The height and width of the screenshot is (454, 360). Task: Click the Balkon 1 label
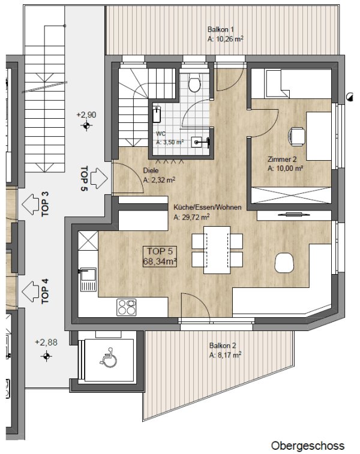(x=221, y=29)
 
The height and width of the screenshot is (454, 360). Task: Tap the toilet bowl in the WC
(x=194, y=82)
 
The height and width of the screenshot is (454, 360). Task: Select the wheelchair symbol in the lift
(x=109, y=357)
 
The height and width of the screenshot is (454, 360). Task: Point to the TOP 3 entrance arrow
(x=31, y=205)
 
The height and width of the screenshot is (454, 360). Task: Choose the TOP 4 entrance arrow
(x=31, y=292)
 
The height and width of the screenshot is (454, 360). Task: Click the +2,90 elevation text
(x=86, y=115)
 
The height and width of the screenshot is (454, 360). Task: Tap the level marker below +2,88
(x=46, y=356)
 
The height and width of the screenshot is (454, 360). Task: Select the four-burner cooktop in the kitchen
(x=126, y=307)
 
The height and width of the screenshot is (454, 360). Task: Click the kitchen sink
(x=88, y=279)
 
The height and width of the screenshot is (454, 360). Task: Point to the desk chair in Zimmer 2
(x=296, y=136)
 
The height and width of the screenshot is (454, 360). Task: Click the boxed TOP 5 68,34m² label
(x=160, y=256)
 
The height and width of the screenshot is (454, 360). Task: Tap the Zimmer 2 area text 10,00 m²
(x=285, y=168)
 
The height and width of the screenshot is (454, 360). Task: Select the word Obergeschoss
(x=308, y=446)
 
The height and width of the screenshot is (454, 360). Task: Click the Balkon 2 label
(x=223, y=345)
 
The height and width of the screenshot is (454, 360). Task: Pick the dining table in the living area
(x=217, y=250)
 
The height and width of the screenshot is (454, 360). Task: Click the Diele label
(x=151, y=170)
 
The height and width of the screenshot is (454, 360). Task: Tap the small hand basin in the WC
(x=200, y=142)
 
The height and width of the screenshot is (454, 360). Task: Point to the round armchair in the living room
(x=284, y=263)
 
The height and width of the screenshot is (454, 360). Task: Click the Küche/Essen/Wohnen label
(x=208, y=208)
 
